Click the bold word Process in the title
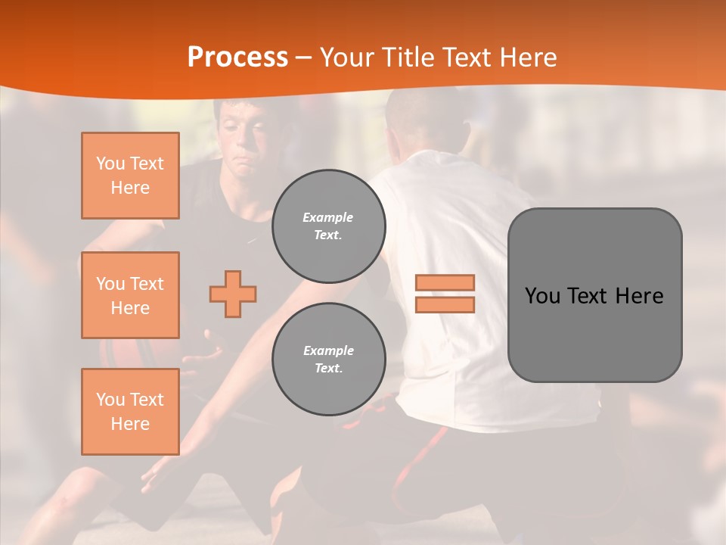click(x=237, y=58)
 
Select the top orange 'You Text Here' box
click(x=130, y=176)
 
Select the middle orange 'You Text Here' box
click(x=130, y=295)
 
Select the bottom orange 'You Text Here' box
click(x=130, y=412)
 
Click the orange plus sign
click(x=233, y=294)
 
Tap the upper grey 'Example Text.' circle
click(x=328, y=226)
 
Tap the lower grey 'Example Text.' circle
click(x=328, y=359)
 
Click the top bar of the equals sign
click(x=445, y=283)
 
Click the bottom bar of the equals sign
click(x=445, y=304)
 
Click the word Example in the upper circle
click(x=328, y=217)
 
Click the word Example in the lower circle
click(x=328, y=350)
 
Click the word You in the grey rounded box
click(x=541, y=296)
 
